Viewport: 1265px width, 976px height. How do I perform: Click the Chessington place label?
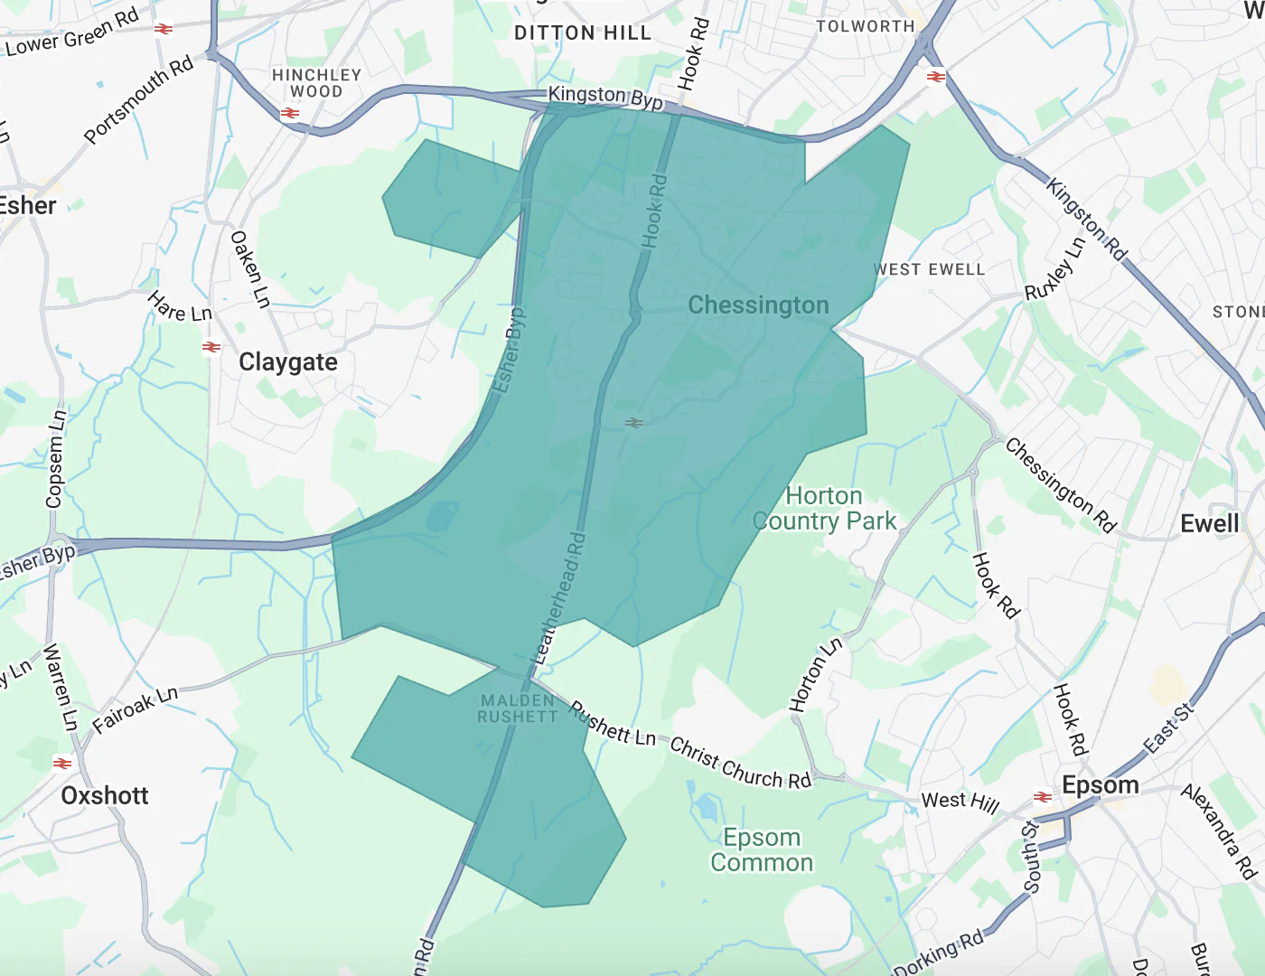tap(758, 305)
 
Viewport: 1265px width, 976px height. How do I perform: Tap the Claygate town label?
tap(287, 362)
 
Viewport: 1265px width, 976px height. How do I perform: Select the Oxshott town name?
tap(105, 795)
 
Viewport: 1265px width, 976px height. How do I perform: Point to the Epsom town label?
tap(1100, 784)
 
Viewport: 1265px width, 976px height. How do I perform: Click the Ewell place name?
tap(1210, 523)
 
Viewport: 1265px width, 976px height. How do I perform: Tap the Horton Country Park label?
tap(824, 509)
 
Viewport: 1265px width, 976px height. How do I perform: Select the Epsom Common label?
tap(762, 850)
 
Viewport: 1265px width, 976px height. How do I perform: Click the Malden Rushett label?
tap(519, 709)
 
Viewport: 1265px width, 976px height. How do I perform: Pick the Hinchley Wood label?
tap(316, 83)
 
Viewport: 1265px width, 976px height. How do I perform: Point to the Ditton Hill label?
tap(582, 33)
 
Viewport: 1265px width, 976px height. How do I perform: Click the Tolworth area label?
tap(866, 26)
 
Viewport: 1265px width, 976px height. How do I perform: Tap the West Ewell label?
tap(929, 269)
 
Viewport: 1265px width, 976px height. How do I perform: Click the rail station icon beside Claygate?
tap(211, 347)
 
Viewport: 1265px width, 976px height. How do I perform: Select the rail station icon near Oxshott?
tap(62, 764)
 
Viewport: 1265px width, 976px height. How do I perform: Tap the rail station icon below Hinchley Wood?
tap(290, 113)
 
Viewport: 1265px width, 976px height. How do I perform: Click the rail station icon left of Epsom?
tap(1043, 797)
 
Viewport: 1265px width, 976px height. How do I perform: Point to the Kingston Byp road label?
tap(605, 97)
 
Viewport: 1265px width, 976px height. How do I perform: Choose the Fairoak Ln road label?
tap(136, 709)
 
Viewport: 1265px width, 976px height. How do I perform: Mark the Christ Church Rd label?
tap(740, 764)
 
